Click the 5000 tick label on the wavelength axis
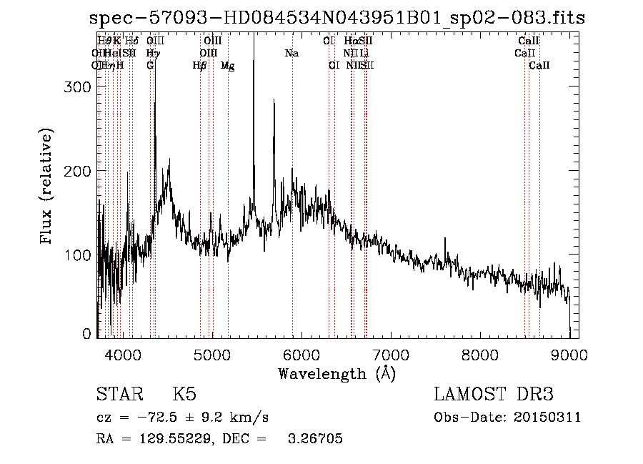click(212, 354)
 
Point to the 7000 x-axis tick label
click(391, 354)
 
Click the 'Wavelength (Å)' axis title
click(337, 373)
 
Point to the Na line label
click(291, 54)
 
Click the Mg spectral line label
click(228, 66)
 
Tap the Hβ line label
click(200, 66)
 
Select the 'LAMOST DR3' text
click(494, 395)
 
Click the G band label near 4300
click(150, 66)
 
